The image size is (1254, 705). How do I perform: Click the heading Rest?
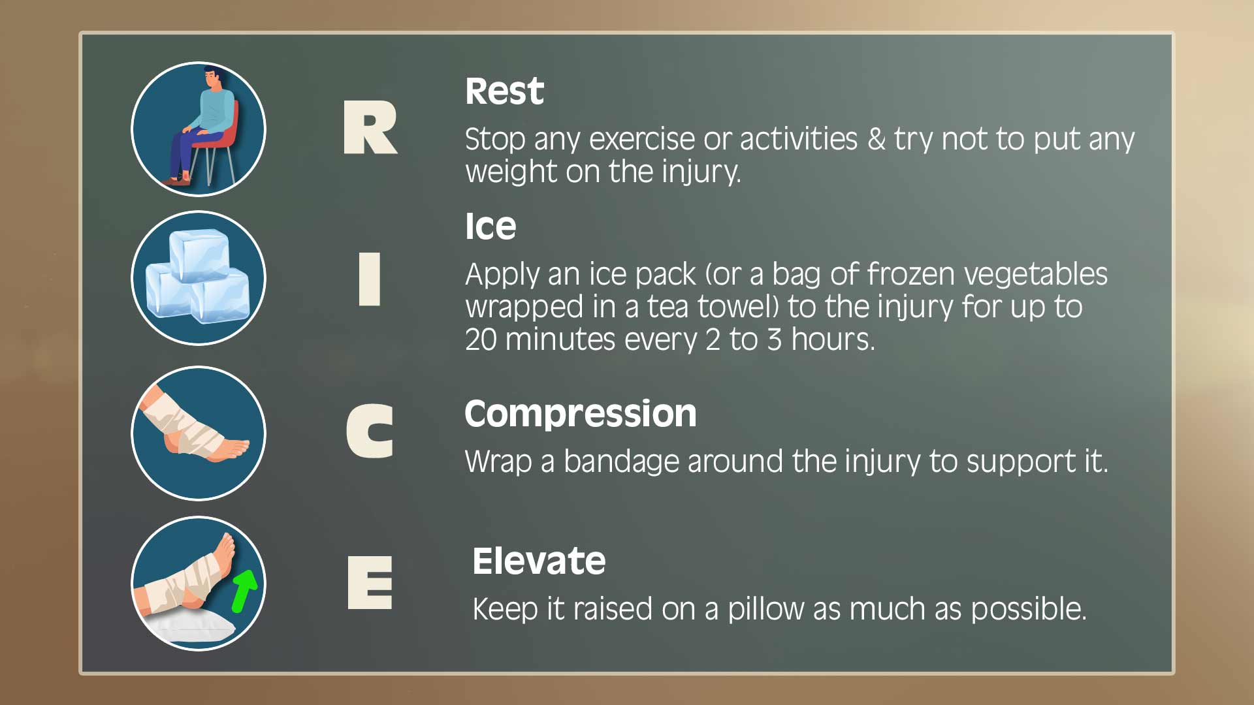pos(504,91)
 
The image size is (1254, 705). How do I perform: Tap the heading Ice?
pos(490,227)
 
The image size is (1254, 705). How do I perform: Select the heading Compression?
pos(581,415)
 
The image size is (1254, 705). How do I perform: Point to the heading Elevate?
pos(539,561)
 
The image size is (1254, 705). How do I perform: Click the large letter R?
pos(370,127)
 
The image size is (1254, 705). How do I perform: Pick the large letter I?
pos(370,279)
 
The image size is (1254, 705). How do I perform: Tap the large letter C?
pos(370,430)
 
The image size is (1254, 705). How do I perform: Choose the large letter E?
pos(370,582)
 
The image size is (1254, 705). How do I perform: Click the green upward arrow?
pos(245,589)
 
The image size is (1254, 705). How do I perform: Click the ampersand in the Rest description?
pos(876,139)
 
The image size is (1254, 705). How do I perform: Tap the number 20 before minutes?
pos(481,339)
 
